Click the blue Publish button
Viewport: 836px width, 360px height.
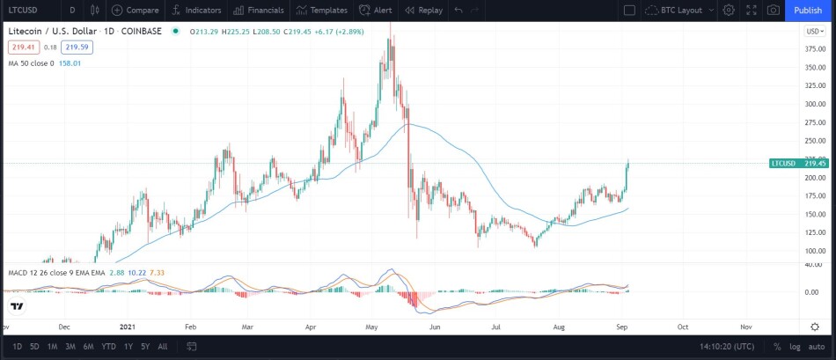pos(808,11)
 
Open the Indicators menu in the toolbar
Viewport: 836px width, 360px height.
pos(195,11)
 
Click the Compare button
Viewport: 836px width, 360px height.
pos(136,11)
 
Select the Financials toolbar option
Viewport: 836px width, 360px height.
pos(259,11)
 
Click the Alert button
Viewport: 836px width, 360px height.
pos(376,11)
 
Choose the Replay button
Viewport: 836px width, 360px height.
pos(423,11)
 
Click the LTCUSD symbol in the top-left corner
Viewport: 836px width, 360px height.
pos(24,11)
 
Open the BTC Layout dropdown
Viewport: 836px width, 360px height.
pos(679,11)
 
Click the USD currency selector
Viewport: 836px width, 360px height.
pos(815,32)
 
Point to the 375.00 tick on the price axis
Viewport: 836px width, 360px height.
pos(815,49)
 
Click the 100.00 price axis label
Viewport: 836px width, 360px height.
pos(815,251)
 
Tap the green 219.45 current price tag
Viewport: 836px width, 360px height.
pos(799,163)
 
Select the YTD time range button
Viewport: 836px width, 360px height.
pos(108,347)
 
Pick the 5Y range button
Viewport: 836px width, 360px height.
pos(145,347)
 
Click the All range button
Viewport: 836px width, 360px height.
pos(163,347)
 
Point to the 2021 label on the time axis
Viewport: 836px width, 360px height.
pos(128,327)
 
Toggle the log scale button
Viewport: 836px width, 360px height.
pos(795,347)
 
